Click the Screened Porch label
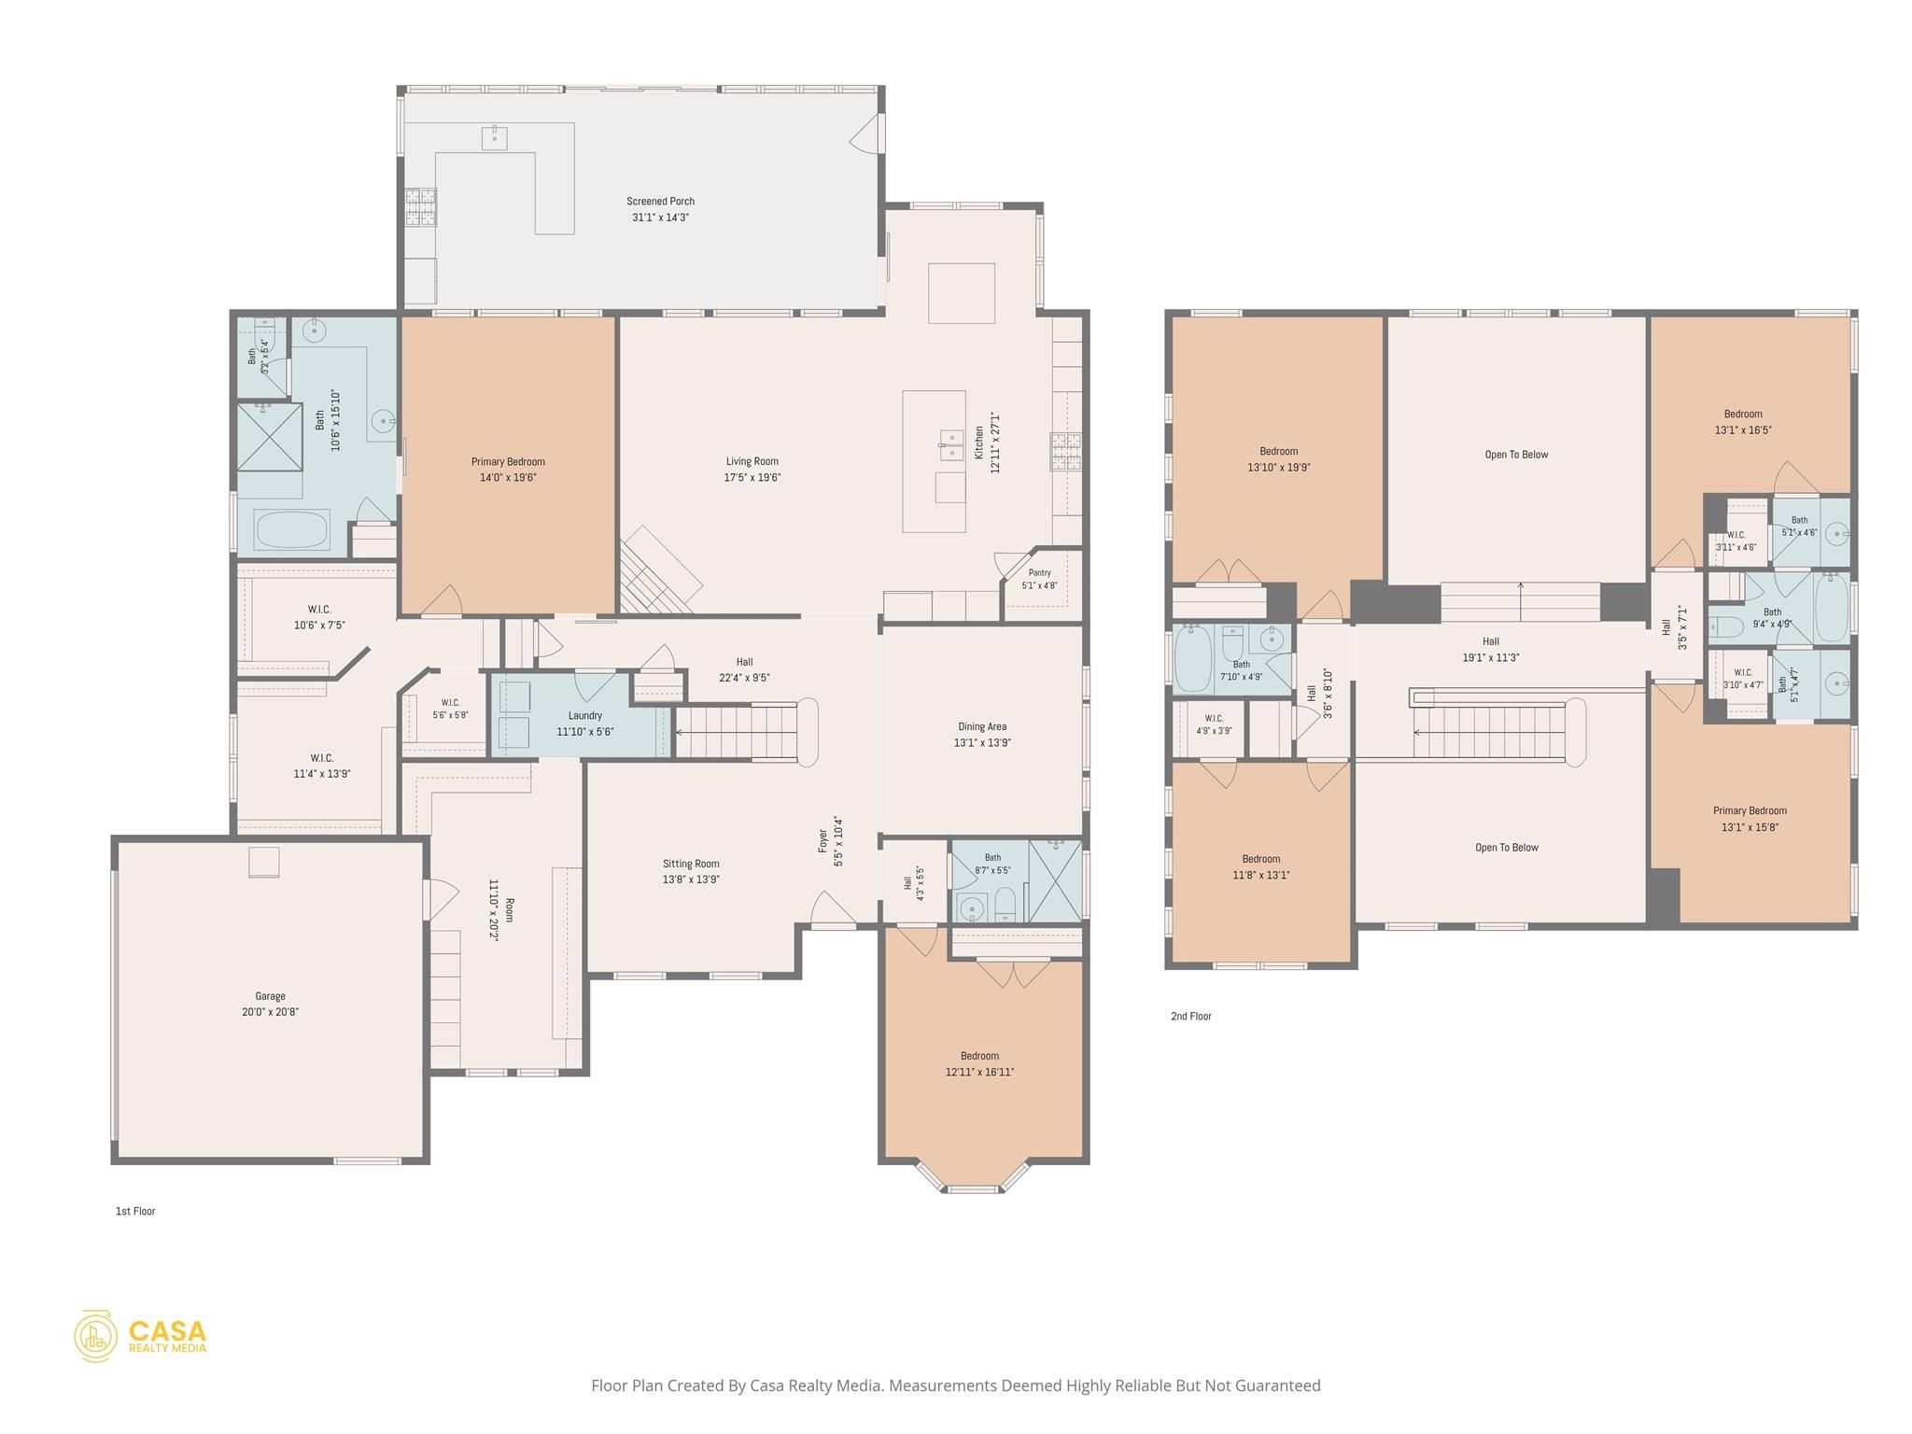(660, 201)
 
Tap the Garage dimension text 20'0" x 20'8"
(271, 1012)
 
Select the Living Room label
(752, 461)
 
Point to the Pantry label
(1039, 573)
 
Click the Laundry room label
(585, 716)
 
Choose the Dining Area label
(982, 726)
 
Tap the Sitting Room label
(691, 864)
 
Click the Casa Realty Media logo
(141, 1336)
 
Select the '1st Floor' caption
(135, 1211)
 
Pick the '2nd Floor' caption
(1191, 1016)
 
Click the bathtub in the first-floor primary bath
(292, 529)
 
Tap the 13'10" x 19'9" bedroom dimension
(1279, 468)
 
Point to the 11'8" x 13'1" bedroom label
(1261, 859)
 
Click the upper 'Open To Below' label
(1516, 455)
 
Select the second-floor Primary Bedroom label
(1750, 810)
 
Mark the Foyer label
(822, 840)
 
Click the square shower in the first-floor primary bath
(269, 436)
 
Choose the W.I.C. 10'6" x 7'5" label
(319, 610)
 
